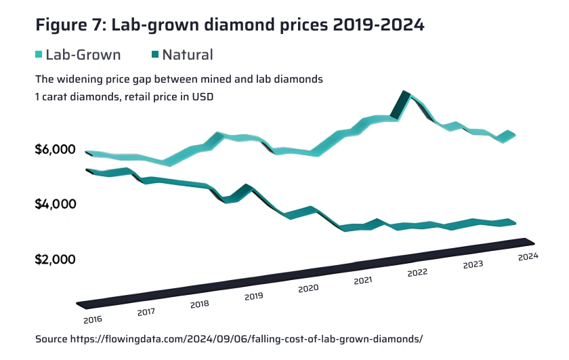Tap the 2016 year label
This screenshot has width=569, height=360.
(x=93, y=319)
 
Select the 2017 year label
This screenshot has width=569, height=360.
(x=146, y=312)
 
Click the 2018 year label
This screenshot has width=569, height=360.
(x=200, y=304)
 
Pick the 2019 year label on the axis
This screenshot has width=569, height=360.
(x=253, y=296)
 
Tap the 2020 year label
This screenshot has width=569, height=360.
(x=308, y=288)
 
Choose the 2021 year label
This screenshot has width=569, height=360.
(x=363, y=280)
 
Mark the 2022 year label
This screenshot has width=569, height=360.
(x=417, y=272)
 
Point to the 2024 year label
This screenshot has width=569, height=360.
(x=527, y=256)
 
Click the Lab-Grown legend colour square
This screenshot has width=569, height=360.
(x=39, y=55)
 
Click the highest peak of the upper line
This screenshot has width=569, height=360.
(x=405, y=92)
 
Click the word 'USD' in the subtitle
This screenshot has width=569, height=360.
(x=202, y=96)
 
